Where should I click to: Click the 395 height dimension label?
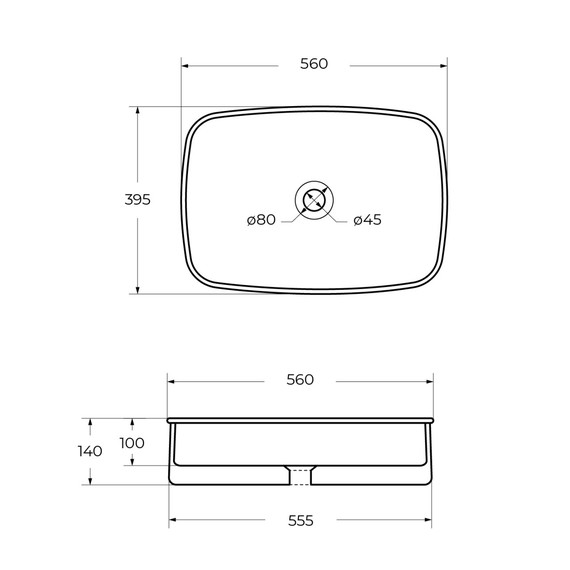tap(137, 200)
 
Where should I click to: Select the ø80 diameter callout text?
tap(261, 220)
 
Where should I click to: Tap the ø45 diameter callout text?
tap(367, 220)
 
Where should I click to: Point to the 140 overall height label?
tap(90, 451)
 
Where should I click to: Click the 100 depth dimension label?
tap(132, 443)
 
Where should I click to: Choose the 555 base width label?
tap(301, 521)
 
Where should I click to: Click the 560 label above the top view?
tap(314, 64)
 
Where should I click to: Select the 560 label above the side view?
tap(300, 380)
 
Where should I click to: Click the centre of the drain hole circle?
tap(314, 200)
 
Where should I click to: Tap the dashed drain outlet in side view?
tap(300, 477)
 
